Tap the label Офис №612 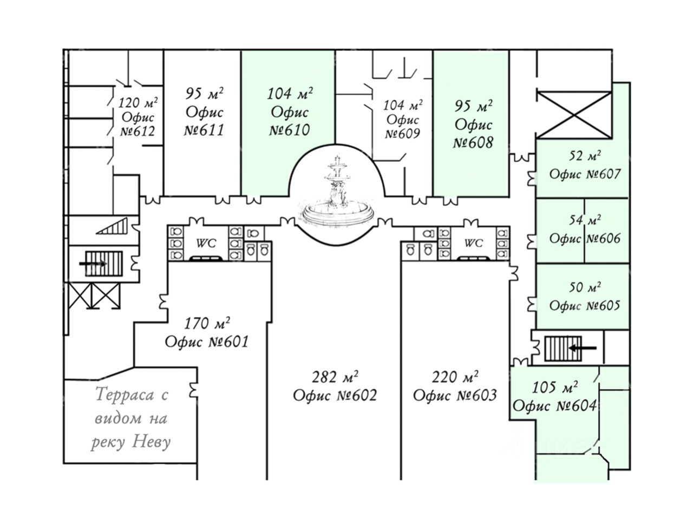(138, 124)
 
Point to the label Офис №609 (403, 127)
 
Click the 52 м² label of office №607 (585, 157)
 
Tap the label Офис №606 (585, 239)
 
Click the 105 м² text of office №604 (554, 387)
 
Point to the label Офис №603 (455, 395)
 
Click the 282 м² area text (336, 376)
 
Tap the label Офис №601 (206, 342)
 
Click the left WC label (206, 244)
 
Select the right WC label (473, 244)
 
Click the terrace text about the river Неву (132, 418)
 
